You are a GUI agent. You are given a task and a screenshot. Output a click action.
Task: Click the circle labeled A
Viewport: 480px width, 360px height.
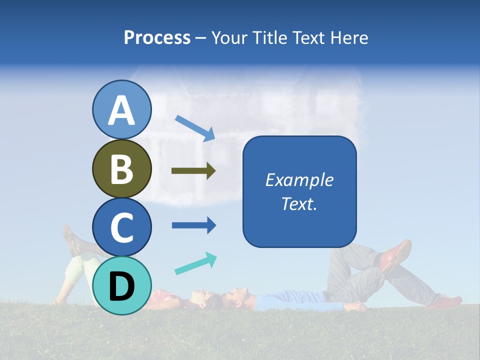tap(121, 109)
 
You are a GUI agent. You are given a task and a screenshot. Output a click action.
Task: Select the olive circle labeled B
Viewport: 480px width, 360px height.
tap(121, 168)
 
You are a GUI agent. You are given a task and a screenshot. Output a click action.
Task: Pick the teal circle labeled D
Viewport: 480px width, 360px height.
tap(121, 285)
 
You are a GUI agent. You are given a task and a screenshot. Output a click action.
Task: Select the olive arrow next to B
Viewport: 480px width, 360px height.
tap(193, 171)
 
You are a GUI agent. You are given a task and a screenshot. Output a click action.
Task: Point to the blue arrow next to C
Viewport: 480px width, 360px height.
tap(193, 225)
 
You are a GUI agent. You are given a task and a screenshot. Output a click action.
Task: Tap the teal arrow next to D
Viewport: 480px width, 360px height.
tap(195, 263)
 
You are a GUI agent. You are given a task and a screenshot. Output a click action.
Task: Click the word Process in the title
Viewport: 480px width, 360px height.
tap(157, 37)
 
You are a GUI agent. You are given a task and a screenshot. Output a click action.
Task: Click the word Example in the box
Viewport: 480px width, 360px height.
tap(299, 180)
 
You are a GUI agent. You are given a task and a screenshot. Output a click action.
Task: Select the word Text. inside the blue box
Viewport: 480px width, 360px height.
tap(299, 203)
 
